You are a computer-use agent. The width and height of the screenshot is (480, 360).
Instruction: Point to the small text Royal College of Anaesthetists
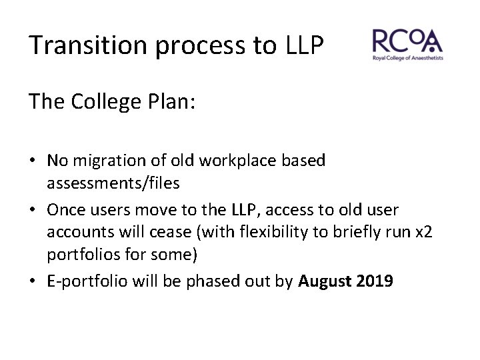pyautogui.click(x=407, y=59)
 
